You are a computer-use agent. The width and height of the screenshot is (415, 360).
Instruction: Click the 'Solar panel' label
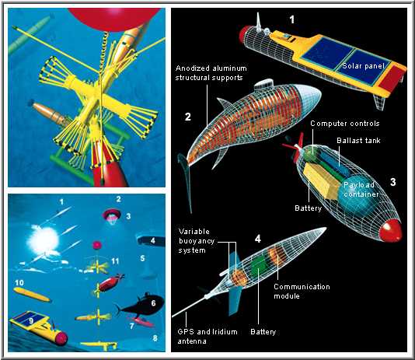tap(363, 65)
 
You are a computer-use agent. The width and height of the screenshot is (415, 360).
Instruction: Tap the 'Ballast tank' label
tap(358, 140)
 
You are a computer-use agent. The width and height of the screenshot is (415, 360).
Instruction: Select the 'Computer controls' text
tap(345, 124)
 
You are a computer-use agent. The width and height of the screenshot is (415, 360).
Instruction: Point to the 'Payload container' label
tap(361, 190)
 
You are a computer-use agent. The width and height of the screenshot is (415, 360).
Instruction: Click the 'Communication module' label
tap(302, 291)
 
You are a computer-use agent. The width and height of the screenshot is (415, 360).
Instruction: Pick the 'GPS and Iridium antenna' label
tap(207, 336)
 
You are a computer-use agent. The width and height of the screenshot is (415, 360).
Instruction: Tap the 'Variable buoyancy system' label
tap(197, 241)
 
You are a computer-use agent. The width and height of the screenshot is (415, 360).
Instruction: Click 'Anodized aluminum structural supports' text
tap(211, 73)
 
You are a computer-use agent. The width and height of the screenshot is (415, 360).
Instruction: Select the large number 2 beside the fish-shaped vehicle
tap(187, 117)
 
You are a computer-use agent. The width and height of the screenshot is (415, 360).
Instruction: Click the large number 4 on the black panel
tap(258, 239)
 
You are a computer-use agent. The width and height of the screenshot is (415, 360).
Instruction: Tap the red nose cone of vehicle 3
tap(390, 230)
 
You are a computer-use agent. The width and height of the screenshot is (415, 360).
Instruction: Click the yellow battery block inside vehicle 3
tap(321, 180)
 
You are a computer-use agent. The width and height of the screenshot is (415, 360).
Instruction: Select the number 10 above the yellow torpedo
tap(19, 283)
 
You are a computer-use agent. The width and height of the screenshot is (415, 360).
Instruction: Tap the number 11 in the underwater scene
tap(115, 261)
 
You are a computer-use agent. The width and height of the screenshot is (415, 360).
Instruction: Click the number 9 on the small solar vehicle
tap(31, 320)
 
